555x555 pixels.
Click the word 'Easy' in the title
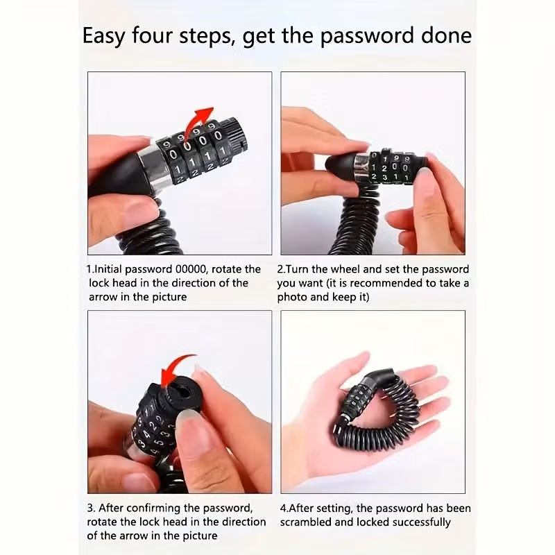pyautogui.click(x=103, y=36)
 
